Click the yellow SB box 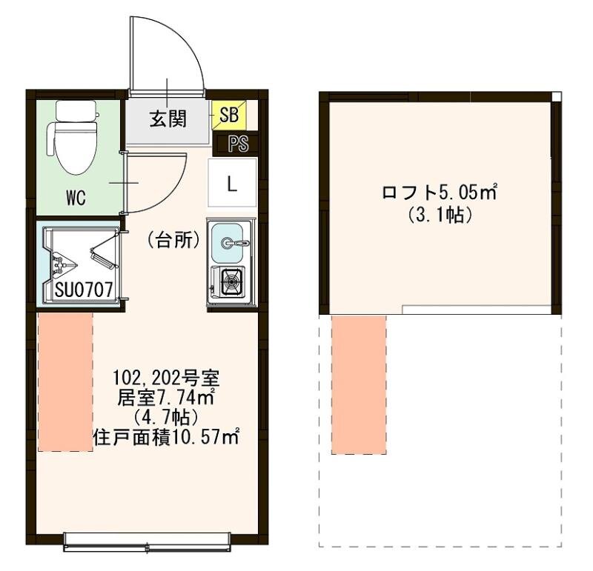[x=229, y=115]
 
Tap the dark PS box [x=236, y=144]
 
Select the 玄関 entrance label [x=168, y=118]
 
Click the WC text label [x=76, y=198]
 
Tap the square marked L [x=232, y=182]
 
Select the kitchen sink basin [x=228, y=243]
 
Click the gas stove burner [x=231, y=281]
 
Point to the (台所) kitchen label [x=173, y=241]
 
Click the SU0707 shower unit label [x=84, y=290]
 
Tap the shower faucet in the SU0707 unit [x=64, y=264]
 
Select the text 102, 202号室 [x=167, y=377]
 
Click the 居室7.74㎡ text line [x=166, y=398]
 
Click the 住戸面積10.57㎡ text [x=166, y=437]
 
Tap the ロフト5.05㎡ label [x=439, y=193]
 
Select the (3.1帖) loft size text [x=440, y=215]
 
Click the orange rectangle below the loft [x=359, y=384]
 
